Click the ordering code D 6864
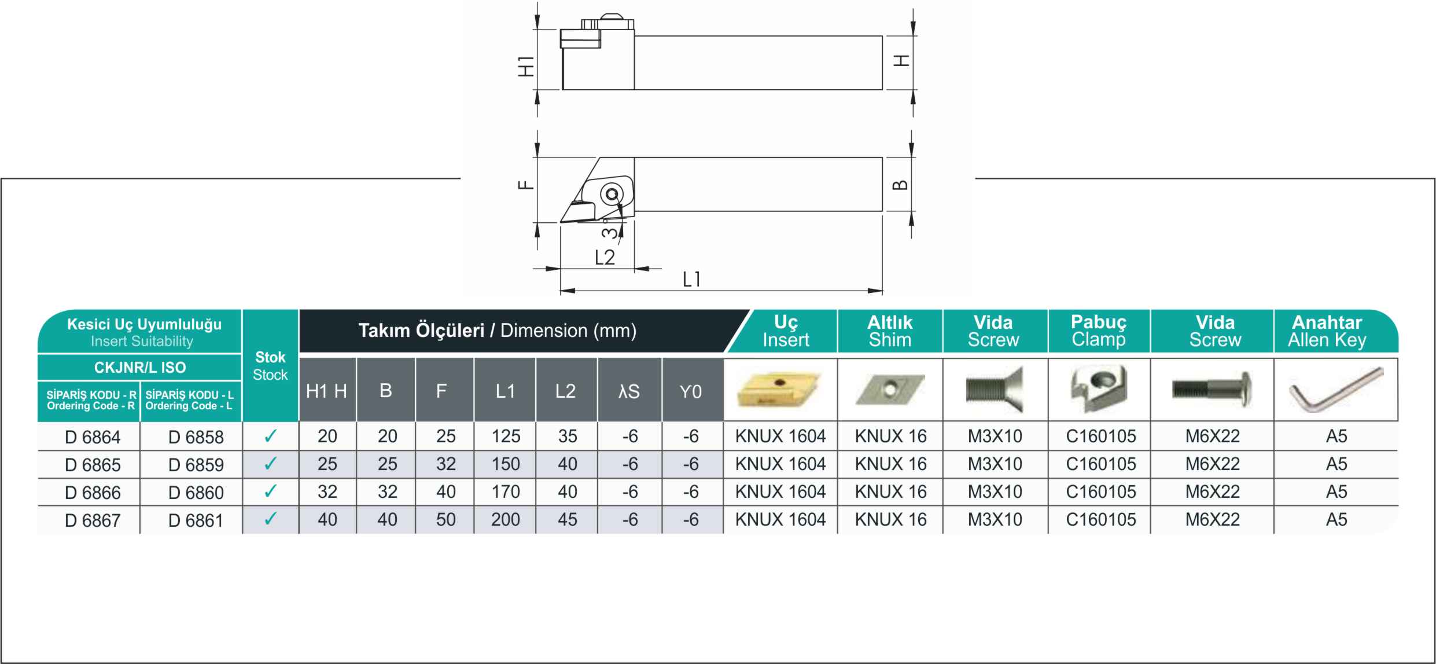tap(93, 436)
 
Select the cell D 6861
tap(196, 520)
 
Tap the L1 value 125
tap(506, 436)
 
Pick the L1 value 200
tap(506, 519)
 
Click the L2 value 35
tap(567, 436)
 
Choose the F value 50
tap(445, 519)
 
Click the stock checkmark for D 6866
tap(270, 491)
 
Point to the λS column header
tap(629, 392)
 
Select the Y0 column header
tap(690, 392)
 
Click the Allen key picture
tap(1336, 390)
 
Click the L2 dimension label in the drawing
tap(605, 257)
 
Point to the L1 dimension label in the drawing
tap(691, 280)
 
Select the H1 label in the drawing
tap(525, 66)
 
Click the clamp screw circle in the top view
tap(611, 194)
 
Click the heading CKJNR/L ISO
tap(140, 367)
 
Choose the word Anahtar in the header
tap(1327, 322)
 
